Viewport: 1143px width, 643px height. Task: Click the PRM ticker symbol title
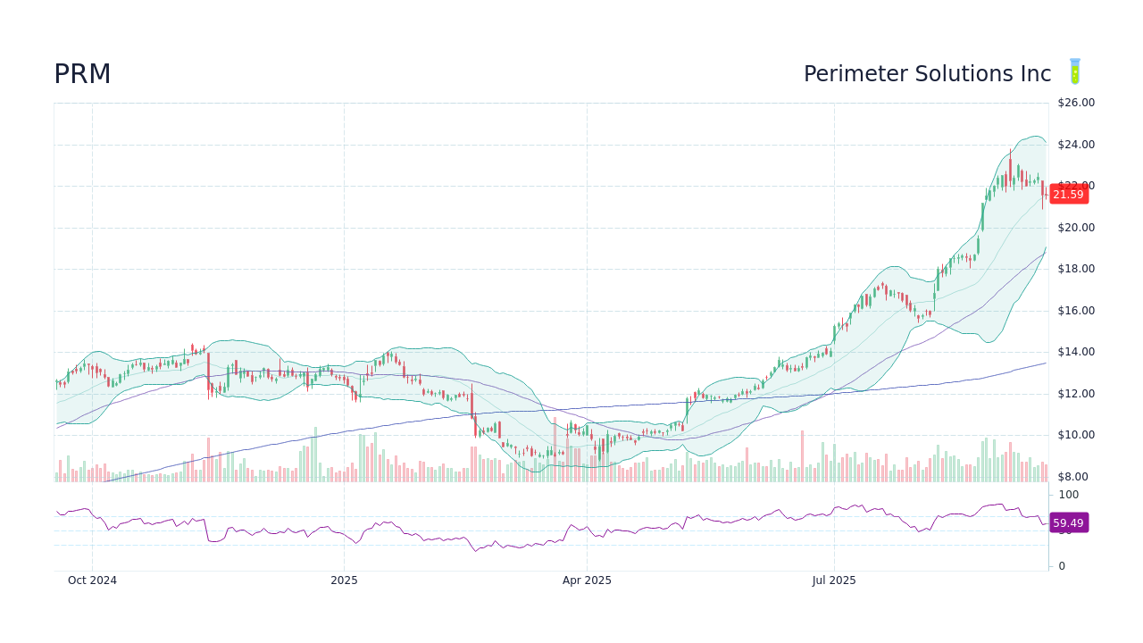(82, 75)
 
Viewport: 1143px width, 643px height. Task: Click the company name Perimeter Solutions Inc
(927, 74)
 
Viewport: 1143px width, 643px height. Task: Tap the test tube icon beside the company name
(1075, 72)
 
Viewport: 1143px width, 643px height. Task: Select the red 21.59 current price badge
(1068, 195)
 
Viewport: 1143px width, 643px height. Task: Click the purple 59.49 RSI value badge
(1068, 523)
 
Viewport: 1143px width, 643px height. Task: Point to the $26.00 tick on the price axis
(1076, 103)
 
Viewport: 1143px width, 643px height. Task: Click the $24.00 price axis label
(1076, 145)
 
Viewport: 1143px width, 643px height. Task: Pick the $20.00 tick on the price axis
(1076, 228)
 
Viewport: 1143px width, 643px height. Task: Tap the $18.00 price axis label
(1076, 269)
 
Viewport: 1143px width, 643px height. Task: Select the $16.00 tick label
(1076, 311)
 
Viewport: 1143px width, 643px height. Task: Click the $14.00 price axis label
(1076, 352)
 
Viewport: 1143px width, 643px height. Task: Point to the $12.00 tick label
(1076, 394)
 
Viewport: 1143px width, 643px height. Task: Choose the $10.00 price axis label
(1076, 435)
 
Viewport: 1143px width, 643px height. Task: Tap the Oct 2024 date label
(92, 580)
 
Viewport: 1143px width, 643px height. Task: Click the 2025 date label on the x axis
(344, 580)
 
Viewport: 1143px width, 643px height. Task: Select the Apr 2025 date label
(587, 580)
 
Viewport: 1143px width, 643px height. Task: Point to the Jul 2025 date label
(834, 580)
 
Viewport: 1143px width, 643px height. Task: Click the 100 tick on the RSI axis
(1068, 495)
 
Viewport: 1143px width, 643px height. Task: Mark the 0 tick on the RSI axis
(1062, 566)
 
